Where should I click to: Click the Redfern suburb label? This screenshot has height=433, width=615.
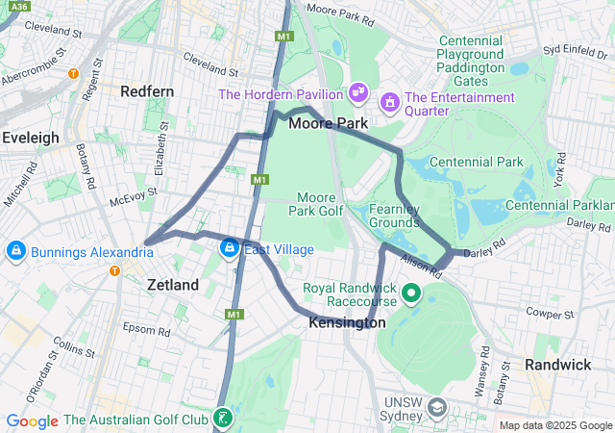tap(147, 90)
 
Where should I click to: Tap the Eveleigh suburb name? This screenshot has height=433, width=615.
tap(31, 138)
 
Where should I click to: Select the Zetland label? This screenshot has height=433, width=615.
tap(173, 285)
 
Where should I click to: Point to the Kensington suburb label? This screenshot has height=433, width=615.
tap(347, 323)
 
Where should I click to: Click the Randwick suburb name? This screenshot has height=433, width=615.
tap(557, 365)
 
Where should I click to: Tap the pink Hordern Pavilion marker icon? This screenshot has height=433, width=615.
tap(357, 92)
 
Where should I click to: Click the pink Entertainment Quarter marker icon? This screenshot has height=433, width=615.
tap(389, 101)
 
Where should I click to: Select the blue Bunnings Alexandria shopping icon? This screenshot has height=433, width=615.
tap(15, 252)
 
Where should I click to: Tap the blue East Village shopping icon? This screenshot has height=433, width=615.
tap(229, 249)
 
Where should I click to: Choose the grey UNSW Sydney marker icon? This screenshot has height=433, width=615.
tap(437, 409)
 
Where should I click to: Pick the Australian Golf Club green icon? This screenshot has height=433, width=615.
tap(223, 418)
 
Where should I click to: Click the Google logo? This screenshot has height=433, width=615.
tap(32, 420)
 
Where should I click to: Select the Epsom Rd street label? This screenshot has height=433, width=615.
tap(145, 328)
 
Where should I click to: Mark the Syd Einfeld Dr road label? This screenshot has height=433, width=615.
tap(578, 48)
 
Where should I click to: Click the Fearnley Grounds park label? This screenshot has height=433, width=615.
tap(394, 216)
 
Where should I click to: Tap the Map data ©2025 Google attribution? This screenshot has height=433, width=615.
tap(555, 425)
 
